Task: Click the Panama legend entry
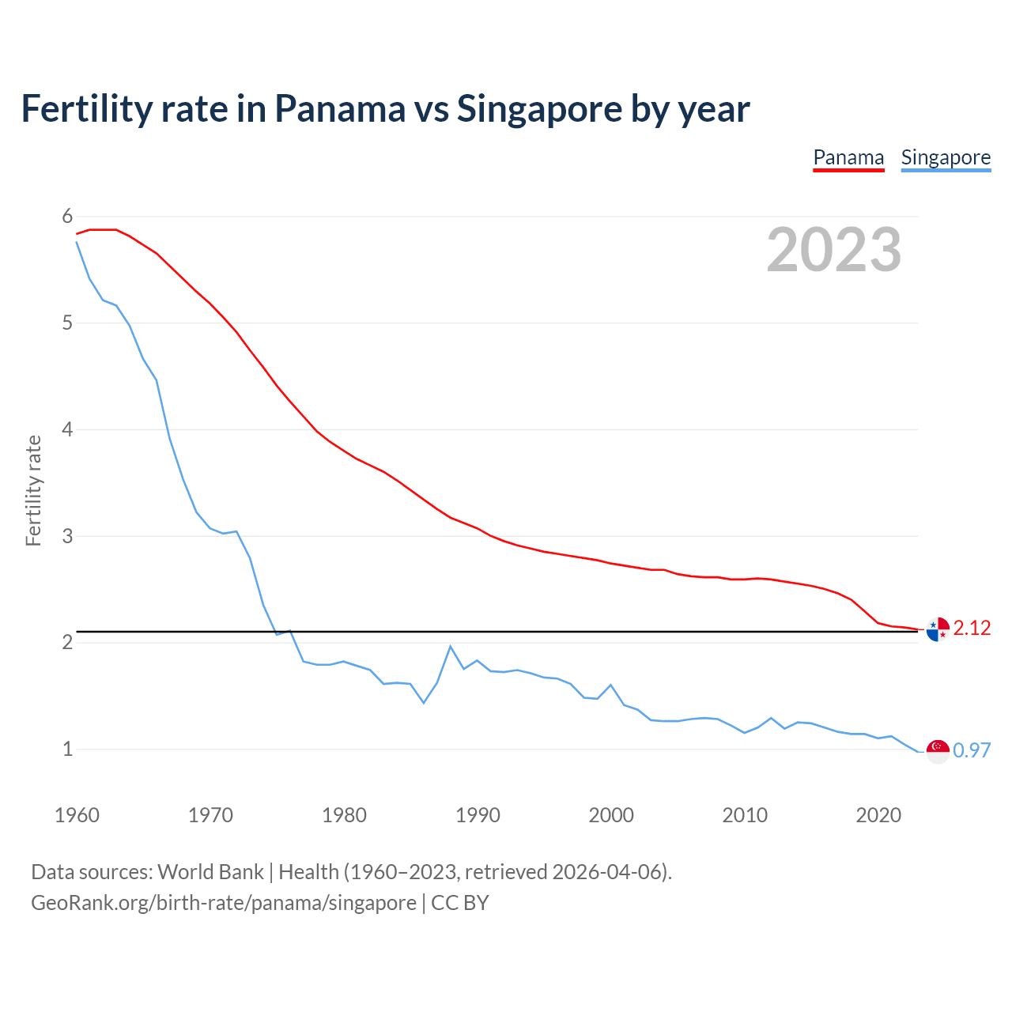click(848, 157)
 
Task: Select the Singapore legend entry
click(946, 157)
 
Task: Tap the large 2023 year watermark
click(834, 250)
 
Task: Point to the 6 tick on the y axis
click(67, 217)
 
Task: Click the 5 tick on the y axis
click(67, 323)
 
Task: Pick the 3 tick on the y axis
click(67, 536)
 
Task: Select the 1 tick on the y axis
click(67, 749)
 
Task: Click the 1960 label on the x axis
click(77, 815)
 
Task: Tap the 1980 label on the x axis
click(344, 815)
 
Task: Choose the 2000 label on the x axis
click(611, 815)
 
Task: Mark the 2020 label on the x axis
click(878, 815)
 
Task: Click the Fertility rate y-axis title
click(33, 490)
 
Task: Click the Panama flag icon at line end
click(938, 629)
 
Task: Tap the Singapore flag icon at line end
click(938, 751)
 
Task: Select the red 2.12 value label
click(972, 629)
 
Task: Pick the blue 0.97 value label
click(972, 751)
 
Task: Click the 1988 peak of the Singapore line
click(451, 647)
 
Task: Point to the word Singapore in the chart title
click(539, 108)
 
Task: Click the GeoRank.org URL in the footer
click(223, 903)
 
